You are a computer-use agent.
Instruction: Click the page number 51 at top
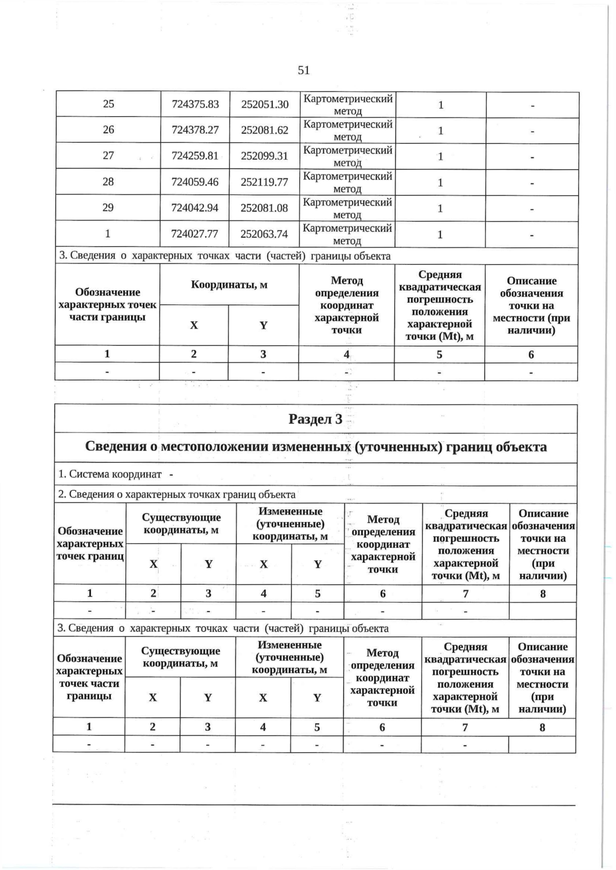(x=303, y=70)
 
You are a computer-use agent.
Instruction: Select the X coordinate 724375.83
(x=196, y=104)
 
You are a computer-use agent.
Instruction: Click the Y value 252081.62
(x=265, y=131)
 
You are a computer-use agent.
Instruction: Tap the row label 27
(x=108, y=156)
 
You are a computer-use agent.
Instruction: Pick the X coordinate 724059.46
(x=196, y=182)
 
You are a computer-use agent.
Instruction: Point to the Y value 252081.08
(x=264, y=208)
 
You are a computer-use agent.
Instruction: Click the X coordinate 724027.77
(x=196, y=234)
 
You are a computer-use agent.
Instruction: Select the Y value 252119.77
(x=264, y=182)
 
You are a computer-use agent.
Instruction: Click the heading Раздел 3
(x=315, y=419)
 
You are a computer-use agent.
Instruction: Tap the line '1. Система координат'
(x=115, y=474)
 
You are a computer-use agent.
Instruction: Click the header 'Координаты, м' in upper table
(x=229, y=285)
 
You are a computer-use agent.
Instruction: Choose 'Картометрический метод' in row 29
(x=348, y=208)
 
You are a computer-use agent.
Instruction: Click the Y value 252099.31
(x=264, y=156)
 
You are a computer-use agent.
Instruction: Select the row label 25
(x=108, y=104)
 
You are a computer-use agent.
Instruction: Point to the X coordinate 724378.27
(x=196, y=131)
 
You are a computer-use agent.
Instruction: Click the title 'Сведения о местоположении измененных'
(x=315, y=447)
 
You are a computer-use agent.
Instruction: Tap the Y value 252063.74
(x=264, y=234)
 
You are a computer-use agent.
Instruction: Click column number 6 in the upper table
(x=531, y=355)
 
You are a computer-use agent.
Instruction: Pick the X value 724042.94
(x=196, y=208)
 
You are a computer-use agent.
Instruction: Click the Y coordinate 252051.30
(x=265, y=104)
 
